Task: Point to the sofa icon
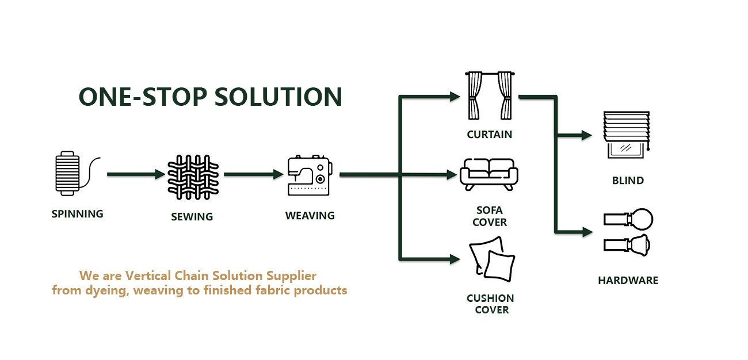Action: pyautogui.click(x=489, y=174)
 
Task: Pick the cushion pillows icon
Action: pyautogui.click(x=491, y=261)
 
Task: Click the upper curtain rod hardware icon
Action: pyautogui.click(x=628, y=219)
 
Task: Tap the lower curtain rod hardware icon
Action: pyautogui.click(x=628, y=244)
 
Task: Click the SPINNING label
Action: pyautogui.click(x=78, y=214)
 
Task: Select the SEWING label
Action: pyautogui.click(x=192, y=217)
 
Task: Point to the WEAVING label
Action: pyautogui.click(x=310, y=216)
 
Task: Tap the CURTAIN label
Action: pyautogui.click(x=490, y=135)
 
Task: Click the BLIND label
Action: pyautogui.click(x=628, y=181)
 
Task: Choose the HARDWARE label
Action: pyautogui.click(x=628, y=281)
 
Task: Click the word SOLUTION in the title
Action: pyautogui.click(x=278, y=97)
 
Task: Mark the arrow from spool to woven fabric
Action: pyautogui.click(x=136, y=174)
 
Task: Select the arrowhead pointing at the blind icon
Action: pyautogui.click(x=586, y=136)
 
